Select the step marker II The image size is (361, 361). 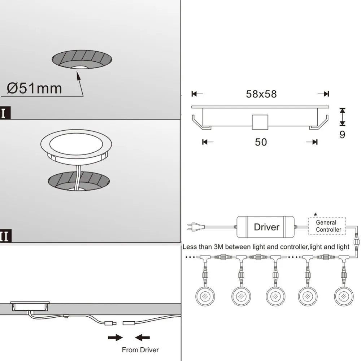point(5,236)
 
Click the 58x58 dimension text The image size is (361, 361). point(261,94)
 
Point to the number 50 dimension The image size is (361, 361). point(261,142)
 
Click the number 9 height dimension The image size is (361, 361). point(342,135)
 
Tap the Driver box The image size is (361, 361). point(266,227)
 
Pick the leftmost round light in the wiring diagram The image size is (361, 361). point(204,296)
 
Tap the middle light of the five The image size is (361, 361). point(275,296)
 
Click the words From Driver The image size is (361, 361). point(140,349)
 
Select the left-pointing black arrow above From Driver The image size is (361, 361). point(142,338)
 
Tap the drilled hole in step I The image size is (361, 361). point(83,61)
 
